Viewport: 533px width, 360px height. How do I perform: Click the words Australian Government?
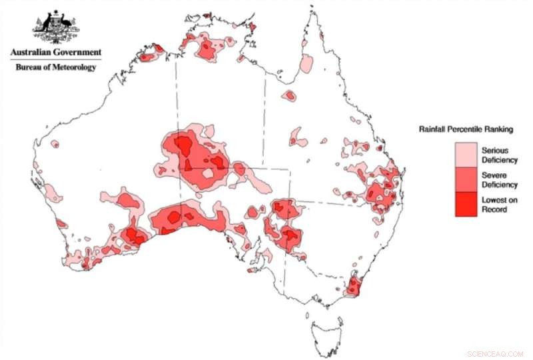tap(55, 52)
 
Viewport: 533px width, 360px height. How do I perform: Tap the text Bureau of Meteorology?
tap(55, 67)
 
